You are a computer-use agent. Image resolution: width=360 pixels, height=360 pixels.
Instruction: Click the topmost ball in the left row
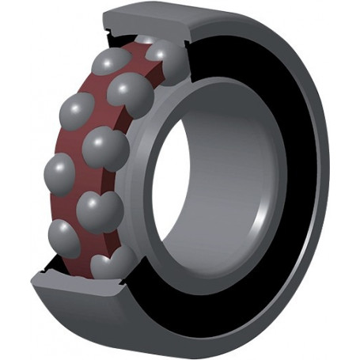108,63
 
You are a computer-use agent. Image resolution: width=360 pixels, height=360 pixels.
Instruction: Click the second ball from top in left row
78,110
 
